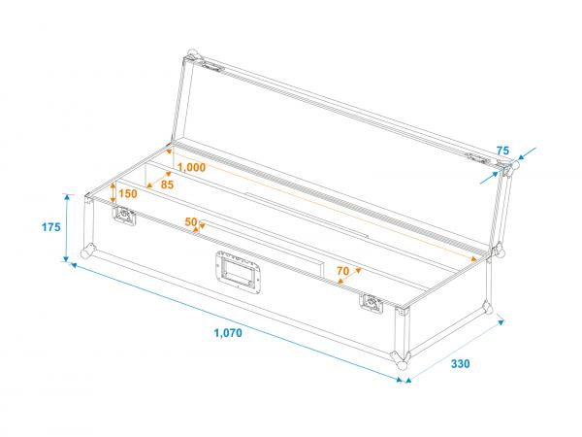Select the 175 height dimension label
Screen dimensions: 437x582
tap(51, 227)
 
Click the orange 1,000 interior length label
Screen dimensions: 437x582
tap(192, 167)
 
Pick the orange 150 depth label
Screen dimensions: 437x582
tap(128, 193)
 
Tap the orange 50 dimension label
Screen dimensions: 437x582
tap(191, 222)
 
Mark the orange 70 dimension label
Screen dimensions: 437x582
tap(342, 271)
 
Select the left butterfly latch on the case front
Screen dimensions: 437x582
tap(125, 217)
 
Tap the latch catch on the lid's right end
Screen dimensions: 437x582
tap(478, 158)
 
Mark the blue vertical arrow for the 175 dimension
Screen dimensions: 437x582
tap(68, 227)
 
